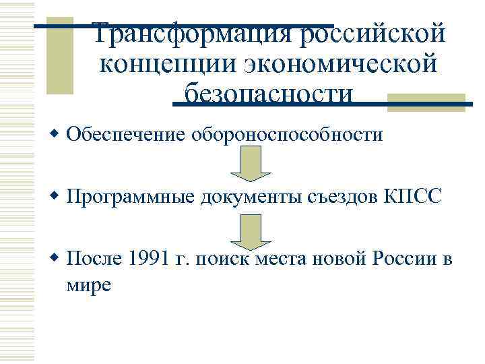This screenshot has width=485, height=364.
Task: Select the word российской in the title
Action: pos(373,33)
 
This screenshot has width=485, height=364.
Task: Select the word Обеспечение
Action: pos(127,135)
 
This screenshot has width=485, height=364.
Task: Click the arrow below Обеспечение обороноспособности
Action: pos(251,165)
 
